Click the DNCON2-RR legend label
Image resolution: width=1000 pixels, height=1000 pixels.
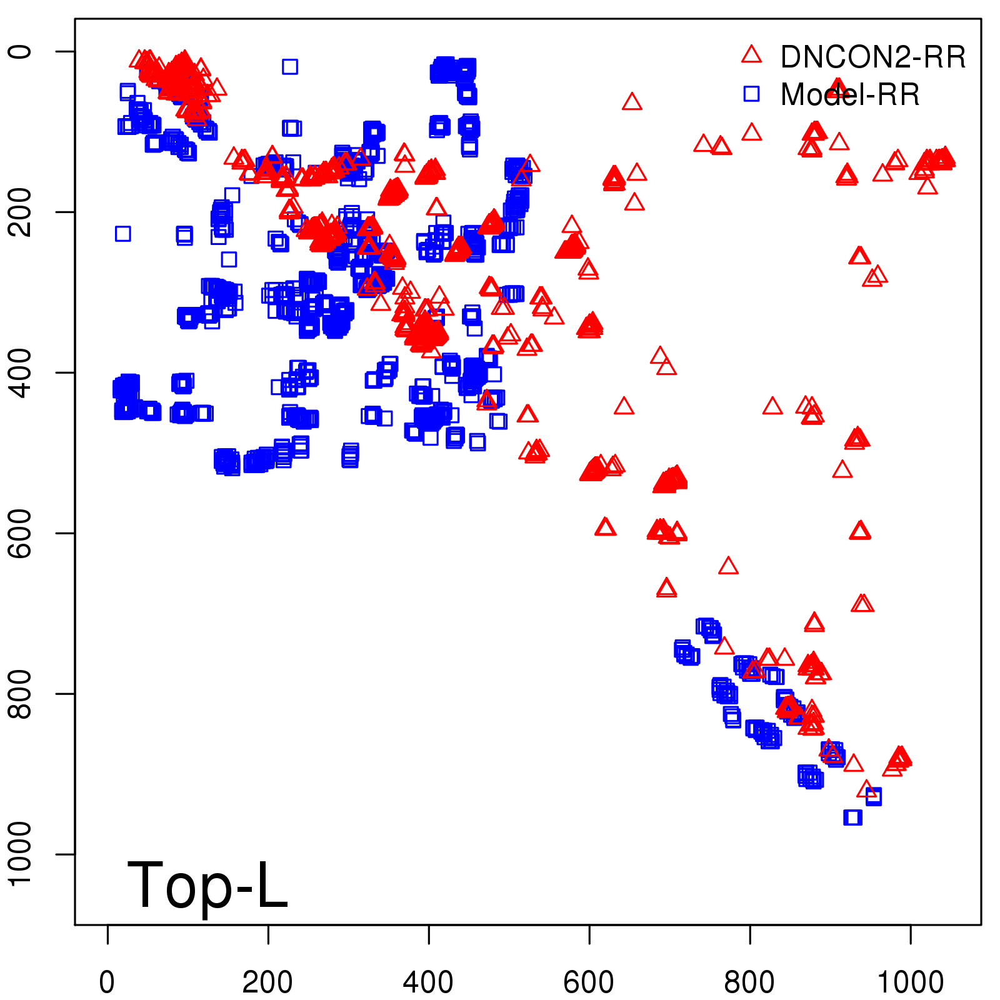(872, 57)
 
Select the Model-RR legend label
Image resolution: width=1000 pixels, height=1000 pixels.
(850, 95)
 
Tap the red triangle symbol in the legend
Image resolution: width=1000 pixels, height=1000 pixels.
(751, 54)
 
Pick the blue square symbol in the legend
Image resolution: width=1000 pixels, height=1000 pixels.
(751, 94)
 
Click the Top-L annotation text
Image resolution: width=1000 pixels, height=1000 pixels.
(207, 885)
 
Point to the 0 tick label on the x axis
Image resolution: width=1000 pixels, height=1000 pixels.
(107, 982)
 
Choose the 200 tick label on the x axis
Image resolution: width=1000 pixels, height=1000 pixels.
(267, 982)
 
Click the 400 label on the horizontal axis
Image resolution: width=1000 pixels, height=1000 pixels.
(428, 982)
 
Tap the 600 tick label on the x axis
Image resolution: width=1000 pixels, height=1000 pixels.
(589, 982)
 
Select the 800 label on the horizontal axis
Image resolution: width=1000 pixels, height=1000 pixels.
(749, 982)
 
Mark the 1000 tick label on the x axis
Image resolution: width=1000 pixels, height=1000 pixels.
(910, 982)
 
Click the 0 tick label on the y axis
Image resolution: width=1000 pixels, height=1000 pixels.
(20, 51)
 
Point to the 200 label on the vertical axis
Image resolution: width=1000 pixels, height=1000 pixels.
(20, 212)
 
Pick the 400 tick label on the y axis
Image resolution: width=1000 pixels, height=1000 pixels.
(20, 372)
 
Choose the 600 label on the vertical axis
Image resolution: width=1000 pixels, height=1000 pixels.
(20, 533)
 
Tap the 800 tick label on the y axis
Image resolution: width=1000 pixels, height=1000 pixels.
(20, 694)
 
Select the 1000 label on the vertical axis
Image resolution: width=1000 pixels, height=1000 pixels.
(20, 854)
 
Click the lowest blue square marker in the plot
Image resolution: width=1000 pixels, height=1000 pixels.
(852, 817)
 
